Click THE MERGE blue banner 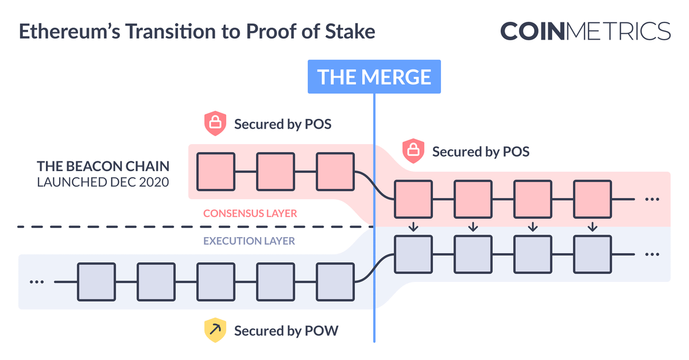pos(374,76)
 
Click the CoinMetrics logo pos(585,31)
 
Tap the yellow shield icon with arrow pos(215,331)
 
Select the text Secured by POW pos(286,331)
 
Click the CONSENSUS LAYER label pos(250,214)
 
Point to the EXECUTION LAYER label pos(249,241)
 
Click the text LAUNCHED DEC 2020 pos(103,182)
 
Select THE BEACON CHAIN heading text pos(103,167)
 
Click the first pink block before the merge pos(216,172)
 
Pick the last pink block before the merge pos(335,172)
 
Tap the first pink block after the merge pos(413,199)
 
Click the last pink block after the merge pos(593,199)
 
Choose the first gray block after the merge pos(413,254)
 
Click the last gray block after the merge pos(593,254)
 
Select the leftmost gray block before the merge pos(96,282)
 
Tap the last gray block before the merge pos(335,282)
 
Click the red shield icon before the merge pos(215,123)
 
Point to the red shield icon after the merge pos(413,151)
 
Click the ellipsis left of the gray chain pos(37,282)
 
